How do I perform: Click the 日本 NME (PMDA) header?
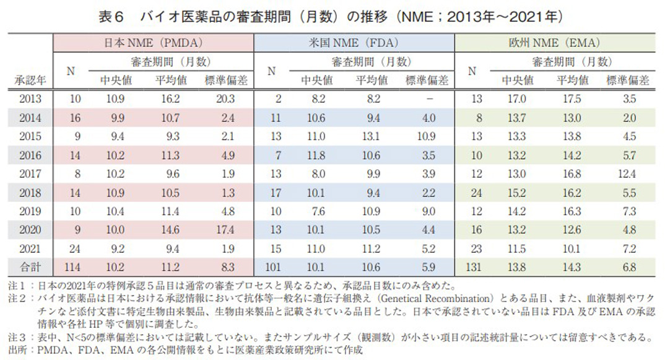click(153, 43)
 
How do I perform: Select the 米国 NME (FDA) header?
click(354, 43)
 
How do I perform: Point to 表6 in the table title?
click(113, 15)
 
